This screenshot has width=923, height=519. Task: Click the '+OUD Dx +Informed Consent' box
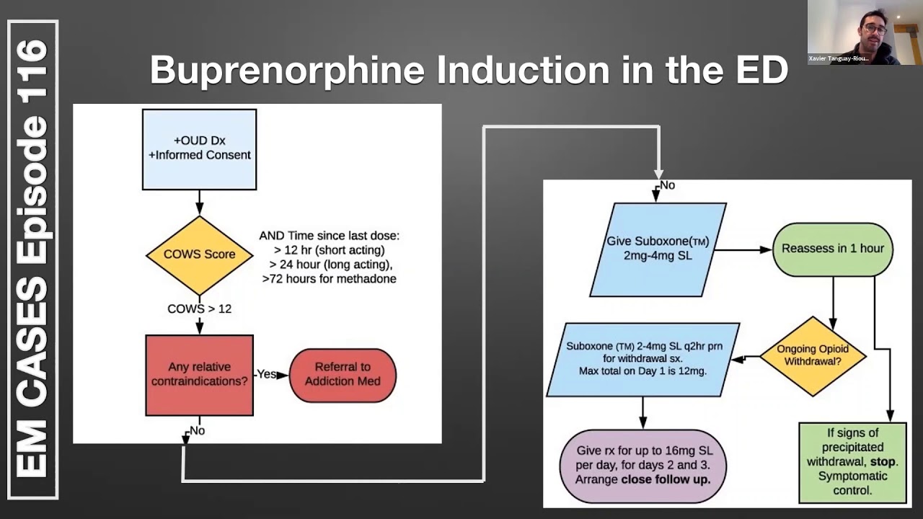pyautogui.click(x=199, y=148)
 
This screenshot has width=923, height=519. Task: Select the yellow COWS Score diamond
pyautogui.click(x=199, y=254)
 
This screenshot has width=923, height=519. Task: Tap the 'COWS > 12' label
pyautogui.click(x=199, y=309)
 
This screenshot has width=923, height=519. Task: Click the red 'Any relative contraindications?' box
pyautogui.click(x=199, y=375)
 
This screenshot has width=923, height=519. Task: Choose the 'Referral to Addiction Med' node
pyautogui.click(x=343, y=375)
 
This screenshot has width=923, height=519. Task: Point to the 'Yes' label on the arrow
pyautogui.click(x=267, y=374)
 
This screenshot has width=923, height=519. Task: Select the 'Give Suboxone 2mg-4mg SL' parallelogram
pyautogui.click(x=657, y=249)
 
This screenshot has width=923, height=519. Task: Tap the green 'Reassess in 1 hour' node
pyautogui.click(x=832, y=249)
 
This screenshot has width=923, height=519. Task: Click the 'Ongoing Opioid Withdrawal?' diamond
pyautogui.click(x=813, y=355)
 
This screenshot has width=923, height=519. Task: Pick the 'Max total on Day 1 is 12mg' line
pyautogui.click(x=642, y=371)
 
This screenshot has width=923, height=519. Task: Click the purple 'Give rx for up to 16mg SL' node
pyautogui.click(x=642, y=465)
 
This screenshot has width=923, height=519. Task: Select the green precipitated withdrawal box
pyautogui.click(x=852, y=462)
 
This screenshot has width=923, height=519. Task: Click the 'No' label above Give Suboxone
pyautogui.click(x=667, y=185)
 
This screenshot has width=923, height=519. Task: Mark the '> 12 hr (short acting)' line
pyautogui.click(x=330, y=249)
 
